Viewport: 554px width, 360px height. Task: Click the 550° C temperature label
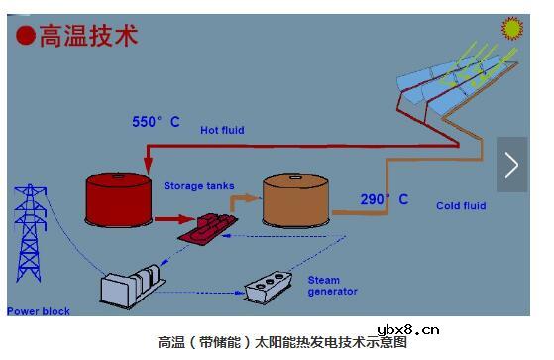point(157,122)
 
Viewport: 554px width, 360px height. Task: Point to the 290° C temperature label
point(384,199)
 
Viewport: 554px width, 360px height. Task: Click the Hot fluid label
point(222,130)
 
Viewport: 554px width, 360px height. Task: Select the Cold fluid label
point(461,206)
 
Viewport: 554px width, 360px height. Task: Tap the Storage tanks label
point(199,185)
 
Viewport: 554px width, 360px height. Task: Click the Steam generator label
point(332,286)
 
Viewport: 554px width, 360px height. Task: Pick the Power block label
point(39,311)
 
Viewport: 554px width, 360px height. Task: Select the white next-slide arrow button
point(511,164)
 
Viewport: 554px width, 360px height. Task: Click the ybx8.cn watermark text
point(408,331)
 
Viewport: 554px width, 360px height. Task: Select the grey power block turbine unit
point(132,285)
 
